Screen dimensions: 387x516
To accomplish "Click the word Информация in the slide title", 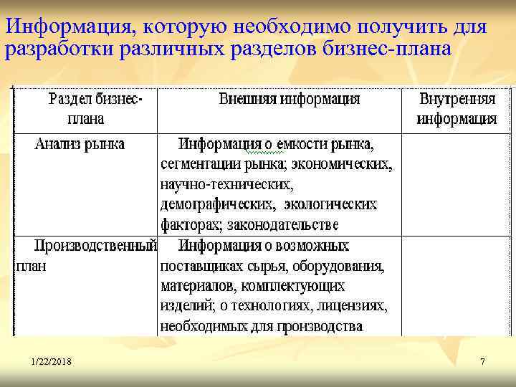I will click(68, 27).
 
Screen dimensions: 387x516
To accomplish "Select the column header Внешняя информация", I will click(289, 99).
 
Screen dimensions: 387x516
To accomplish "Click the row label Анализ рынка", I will click(80, 144).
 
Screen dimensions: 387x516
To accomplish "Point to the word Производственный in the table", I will click(96, 246).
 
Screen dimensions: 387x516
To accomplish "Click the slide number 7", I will click(482, 362).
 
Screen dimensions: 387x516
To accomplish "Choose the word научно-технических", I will click(226, 185).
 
